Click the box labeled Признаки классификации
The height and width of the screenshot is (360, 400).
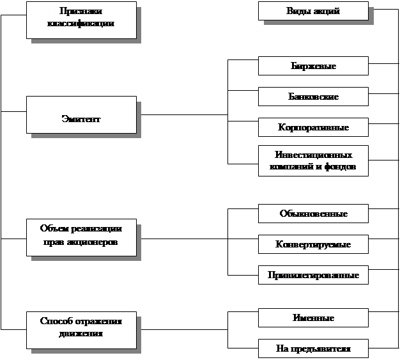81,19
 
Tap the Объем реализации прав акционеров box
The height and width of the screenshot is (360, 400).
81,237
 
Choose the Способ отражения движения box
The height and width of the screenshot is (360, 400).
81,330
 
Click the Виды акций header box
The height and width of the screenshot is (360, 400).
313,11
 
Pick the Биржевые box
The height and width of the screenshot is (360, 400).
313,66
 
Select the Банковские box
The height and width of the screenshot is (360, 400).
313,97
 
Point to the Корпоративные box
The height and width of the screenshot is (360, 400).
313,127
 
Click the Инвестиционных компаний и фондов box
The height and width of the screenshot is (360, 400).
313,160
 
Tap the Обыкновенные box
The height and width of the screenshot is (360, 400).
313,214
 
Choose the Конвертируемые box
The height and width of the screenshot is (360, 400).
313,244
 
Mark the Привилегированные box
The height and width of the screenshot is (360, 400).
313,275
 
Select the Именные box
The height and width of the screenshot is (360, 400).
313,318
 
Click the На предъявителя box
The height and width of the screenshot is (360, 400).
313,348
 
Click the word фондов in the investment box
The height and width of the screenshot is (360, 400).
340,167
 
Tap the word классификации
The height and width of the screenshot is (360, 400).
81,24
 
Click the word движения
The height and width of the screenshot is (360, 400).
81,334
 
